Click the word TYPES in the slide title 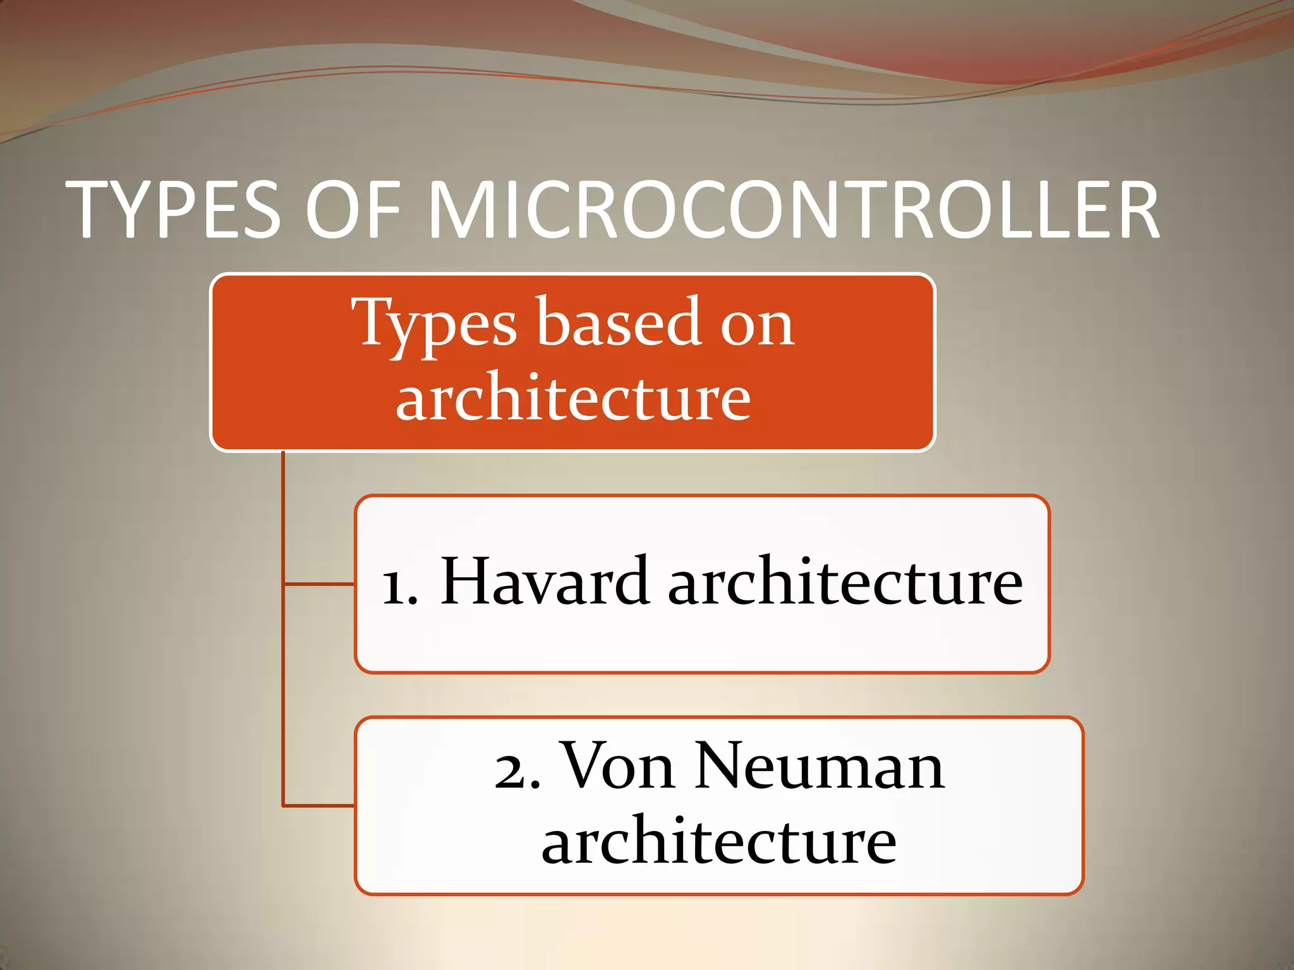[173, 210]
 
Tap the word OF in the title [353, 210]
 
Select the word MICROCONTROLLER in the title [794, 210]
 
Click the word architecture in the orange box [573, 398]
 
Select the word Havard [544, 581]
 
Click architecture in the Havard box [845, 581]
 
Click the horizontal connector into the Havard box [318, 584]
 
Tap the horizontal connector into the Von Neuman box [318, 806]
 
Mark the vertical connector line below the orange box [283, 632]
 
